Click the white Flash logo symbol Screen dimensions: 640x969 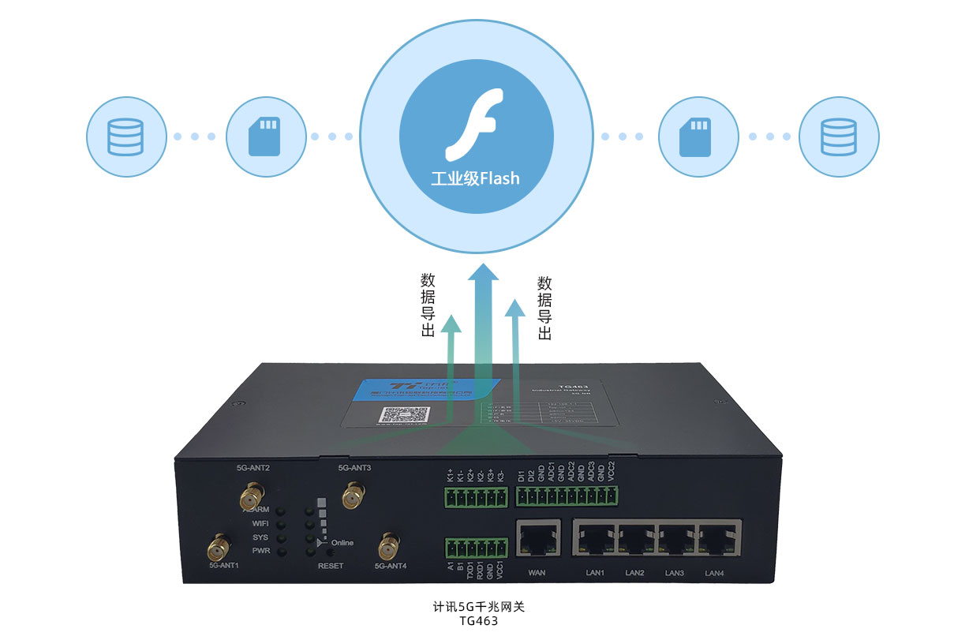[474, 126]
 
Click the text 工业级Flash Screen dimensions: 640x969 [475, 178]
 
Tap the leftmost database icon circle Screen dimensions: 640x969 [126, 137]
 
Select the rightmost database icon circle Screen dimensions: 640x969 [838, 137]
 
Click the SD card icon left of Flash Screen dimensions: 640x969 [265, 137]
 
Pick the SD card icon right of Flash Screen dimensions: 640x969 [698, 137]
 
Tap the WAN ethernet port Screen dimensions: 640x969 [537, 539]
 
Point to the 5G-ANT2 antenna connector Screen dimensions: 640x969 [251, 499]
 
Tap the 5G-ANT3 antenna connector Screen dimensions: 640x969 [353, 498]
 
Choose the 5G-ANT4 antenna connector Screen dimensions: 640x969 [388, 545]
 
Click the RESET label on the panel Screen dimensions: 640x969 [331, 566]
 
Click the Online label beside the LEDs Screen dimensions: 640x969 [342, 543]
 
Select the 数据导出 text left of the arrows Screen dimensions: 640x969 [428, 306]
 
